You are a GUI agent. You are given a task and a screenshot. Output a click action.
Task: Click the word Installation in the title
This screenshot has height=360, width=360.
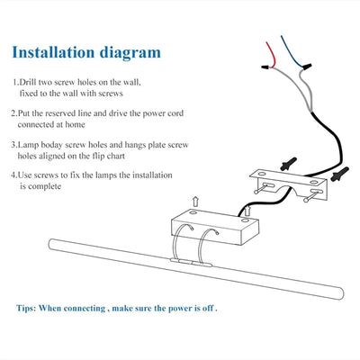point(53,52)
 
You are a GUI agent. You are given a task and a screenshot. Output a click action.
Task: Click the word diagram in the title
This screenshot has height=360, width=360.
point(130,53)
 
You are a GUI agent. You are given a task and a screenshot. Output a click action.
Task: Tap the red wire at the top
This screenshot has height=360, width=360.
point(272,54)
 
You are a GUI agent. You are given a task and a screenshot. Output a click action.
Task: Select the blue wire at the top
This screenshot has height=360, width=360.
point(292,51)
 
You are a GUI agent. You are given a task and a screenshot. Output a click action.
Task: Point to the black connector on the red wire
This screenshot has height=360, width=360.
point(265,67)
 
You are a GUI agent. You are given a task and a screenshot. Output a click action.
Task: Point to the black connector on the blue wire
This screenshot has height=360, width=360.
point(308,67)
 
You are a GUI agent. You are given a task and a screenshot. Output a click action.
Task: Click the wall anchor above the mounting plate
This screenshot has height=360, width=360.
point(289,164)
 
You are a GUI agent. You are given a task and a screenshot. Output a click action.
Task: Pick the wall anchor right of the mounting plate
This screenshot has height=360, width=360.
point(340,174)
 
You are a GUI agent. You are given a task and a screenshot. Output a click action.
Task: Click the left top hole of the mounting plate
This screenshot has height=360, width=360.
point(262,174)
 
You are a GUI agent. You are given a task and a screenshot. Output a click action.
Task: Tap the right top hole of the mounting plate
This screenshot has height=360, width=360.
point(314,182)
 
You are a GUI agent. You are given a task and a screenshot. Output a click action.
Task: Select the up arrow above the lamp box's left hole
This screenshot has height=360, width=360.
point(195,202)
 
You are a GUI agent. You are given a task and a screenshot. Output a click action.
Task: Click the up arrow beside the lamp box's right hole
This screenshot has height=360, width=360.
point(247,211)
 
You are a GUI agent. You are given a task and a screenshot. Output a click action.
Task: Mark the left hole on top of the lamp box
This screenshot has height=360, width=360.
point(193,212)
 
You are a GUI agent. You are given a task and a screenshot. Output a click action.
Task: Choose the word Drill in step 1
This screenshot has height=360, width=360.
point(28,82)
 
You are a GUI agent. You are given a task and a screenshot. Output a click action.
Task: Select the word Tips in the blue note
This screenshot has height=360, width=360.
point(26,309)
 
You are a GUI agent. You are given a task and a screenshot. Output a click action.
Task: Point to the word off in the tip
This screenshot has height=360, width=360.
point(208,308)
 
